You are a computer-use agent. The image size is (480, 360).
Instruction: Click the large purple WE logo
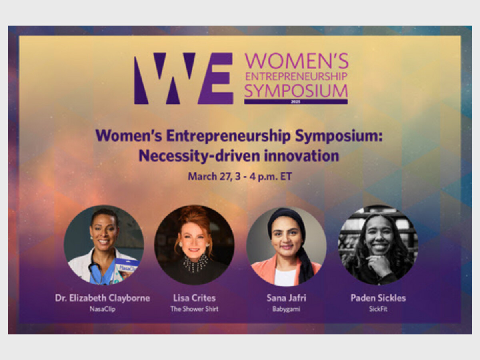[x=184, y=78]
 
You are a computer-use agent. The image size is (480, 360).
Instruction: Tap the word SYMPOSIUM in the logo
[x=296, y=91]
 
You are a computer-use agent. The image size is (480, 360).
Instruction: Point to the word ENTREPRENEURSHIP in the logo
[x=296, y=76]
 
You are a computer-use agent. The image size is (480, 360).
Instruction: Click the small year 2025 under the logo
[x=296, y=102]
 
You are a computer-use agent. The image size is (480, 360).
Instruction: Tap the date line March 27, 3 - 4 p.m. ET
[x=240, y=176]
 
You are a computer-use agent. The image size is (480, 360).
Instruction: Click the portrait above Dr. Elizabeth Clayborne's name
[x=104, y=245]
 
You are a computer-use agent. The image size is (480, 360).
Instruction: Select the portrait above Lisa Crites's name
[x=194, y=245]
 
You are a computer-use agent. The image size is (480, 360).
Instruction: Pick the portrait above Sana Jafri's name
[x=286, y=246]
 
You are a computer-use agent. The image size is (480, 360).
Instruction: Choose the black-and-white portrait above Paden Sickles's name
[x=378, y=245]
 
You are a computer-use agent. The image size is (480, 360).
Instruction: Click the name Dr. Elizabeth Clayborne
[x=102, y=298]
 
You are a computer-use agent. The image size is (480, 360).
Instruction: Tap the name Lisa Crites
[x=194, y=298]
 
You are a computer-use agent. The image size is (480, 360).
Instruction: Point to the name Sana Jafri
[x=286, y=298]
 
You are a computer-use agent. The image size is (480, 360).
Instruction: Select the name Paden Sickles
[x=378, y=298]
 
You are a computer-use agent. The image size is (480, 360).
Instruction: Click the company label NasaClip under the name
[x=102, y=309]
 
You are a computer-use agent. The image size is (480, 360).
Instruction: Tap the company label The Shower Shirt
[x=194, y=309]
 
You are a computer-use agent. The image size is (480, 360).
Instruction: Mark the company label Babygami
[x=286, y=309]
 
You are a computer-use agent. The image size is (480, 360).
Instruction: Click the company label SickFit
[x=378, y=309]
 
